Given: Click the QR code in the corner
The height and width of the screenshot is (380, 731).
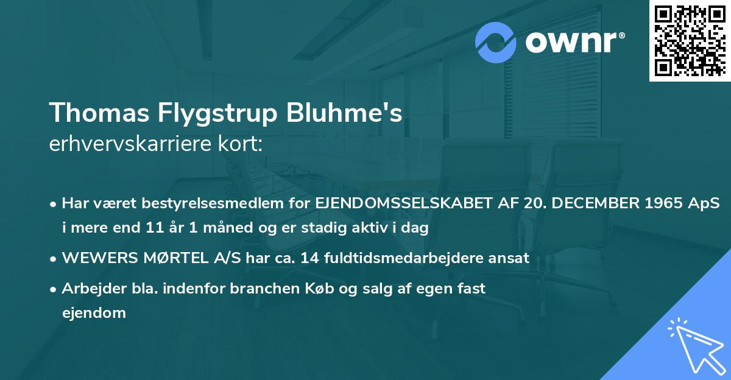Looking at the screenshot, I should tap(689, 41).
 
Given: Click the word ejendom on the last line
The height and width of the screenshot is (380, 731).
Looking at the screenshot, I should tap(94, 313).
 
